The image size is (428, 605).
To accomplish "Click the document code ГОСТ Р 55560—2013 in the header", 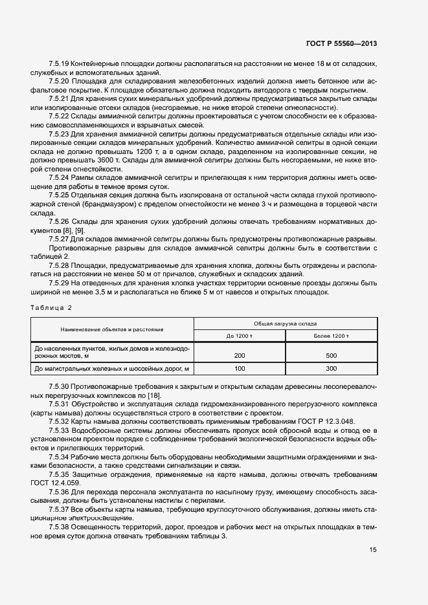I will (x=341, y=43).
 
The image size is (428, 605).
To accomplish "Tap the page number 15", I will (x=373, y=550).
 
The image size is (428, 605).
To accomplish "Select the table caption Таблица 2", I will (x=52, y=307).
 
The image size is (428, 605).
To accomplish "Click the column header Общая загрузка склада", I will (x=284, y=323).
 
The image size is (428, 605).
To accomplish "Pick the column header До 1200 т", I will (x=240, y=336).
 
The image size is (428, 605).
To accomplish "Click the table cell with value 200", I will (x=240, y=356).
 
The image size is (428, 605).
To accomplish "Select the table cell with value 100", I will (x=240, y=368).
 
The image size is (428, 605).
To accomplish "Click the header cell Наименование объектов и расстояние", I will (x=112, y=329).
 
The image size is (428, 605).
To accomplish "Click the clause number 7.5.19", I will (x=59, y=64).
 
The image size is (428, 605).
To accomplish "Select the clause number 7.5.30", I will (x=59, y=387).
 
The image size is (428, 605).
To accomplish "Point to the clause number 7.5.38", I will (x=59, y=528).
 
